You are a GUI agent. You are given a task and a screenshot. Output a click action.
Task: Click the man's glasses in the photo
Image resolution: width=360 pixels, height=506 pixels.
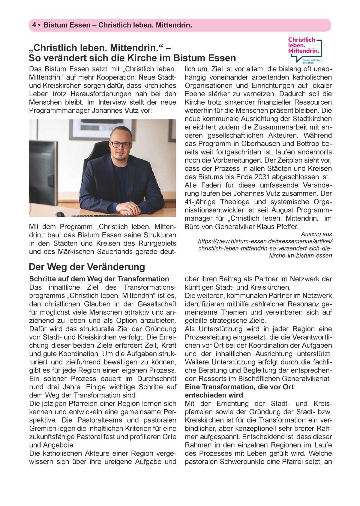coord(121,144)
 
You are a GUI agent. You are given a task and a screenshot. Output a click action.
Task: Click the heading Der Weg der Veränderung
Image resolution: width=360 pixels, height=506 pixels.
coord(87,267)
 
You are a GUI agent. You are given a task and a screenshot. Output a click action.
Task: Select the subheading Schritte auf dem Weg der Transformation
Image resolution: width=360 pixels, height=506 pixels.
coord(99,279)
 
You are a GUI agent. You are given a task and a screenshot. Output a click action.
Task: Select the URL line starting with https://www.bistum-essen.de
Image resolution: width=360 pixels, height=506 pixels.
coord(265,241)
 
